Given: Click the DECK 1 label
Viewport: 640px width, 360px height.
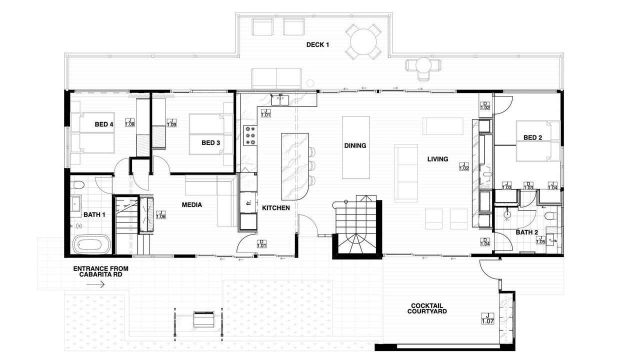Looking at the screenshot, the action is tap(317, 45).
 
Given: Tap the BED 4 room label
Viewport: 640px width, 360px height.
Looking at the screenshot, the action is tap(104, 124).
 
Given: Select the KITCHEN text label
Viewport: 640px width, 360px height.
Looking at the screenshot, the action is tap(275, 208).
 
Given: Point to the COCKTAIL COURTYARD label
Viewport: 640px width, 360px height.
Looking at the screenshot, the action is tap(427, 308).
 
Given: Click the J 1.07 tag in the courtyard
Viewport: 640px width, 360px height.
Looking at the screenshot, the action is tap(487, 318).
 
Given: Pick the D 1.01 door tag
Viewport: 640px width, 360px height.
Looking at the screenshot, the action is tap(261, 243).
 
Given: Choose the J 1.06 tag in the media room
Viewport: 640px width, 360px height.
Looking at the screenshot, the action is tap(161, 215).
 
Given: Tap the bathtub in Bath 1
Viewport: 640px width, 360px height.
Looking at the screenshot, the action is tap(91, 244).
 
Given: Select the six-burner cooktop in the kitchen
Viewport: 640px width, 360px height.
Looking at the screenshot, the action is tap(250, 135).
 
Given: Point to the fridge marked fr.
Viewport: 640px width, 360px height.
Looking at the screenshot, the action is tap(247, 202).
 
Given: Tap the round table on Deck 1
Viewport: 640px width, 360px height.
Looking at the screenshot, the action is tap(363, 41).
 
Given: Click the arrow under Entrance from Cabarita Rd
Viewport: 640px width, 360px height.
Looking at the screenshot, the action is tap(95, 284).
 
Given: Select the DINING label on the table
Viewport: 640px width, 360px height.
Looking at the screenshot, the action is tap(355, 145).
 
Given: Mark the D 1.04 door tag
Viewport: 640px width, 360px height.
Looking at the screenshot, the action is tap(485, 242).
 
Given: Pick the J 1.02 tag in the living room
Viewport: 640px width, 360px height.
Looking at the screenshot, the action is tap(464, 166).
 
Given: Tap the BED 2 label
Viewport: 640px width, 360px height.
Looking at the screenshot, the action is tap(532, 137).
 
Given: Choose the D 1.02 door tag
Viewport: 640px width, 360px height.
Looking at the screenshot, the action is tap(485, 105).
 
